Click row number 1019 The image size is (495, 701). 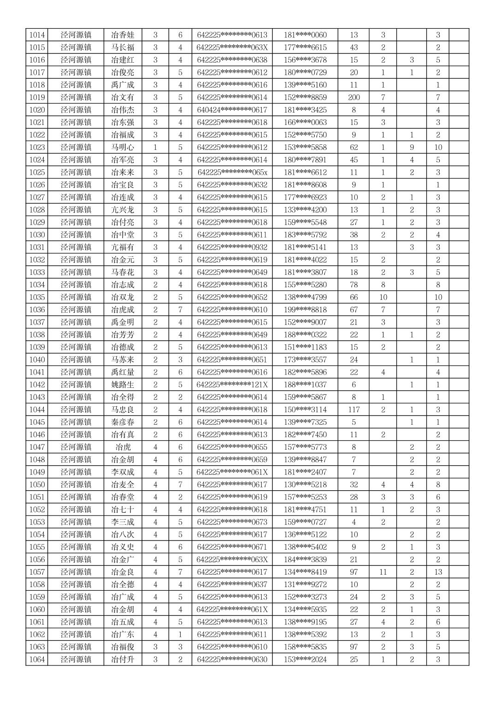tap(37, 97)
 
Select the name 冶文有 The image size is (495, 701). tap(123, 97)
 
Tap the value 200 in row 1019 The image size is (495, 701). tap(354, 97)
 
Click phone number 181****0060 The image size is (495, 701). tap(305, 35)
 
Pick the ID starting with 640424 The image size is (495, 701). tap(232, 110)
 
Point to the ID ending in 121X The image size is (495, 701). tap(232, 385)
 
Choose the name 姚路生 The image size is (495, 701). tap(123, 385)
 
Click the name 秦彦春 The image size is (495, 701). tap(123, 422)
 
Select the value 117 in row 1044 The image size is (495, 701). tap(354, 410)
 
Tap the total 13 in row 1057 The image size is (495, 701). tap(438, 572)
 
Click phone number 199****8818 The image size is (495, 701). tap(305, 309)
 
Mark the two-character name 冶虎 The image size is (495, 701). tap(123, 447)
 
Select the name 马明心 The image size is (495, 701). tap(123, 147)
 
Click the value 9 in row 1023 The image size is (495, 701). tap(412, 147)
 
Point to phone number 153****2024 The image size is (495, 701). tap(305, 659)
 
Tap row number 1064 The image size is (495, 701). tap(37, 659)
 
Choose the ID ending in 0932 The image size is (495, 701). tap(232, 247)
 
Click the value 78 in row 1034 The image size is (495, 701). tap(354, 285)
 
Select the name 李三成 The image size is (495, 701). tap(123, 522)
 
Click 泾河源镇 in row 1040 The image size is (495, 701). tap(76, 360)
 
